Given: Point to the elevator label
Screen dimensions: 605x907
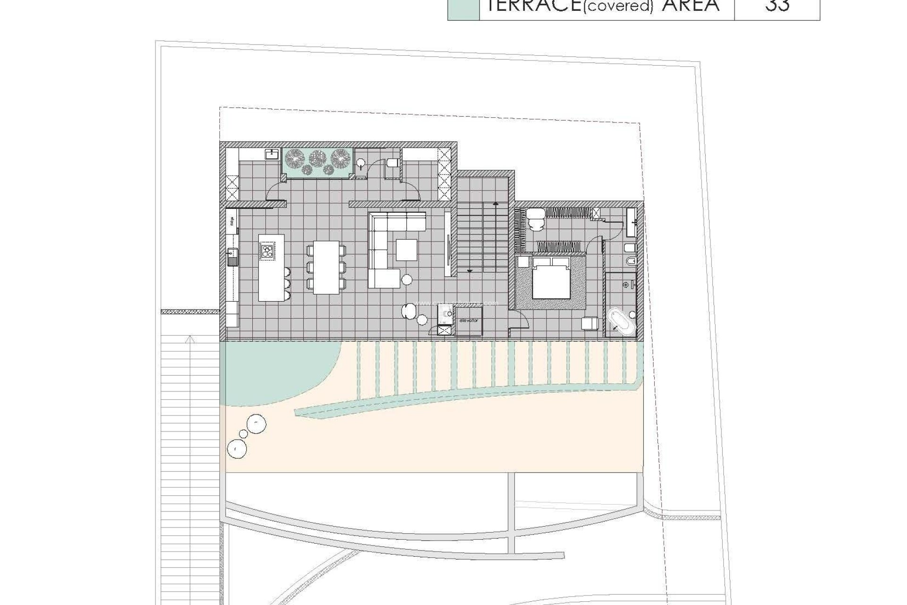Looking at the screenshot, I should point(468,320).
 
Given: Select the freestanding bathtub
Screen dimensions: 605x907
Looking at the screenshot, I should point(618,321).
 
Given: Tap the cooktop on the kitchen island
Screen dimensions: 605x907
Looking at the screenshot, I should point(267,251).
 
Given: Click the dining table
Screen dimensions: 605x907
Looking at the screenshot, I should point(326,267).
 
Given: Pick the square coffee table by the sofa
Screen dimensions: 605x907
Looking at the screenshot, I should point(406,250).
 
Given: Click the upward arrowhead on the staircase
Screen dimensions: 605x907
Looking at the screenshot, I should point(496,204).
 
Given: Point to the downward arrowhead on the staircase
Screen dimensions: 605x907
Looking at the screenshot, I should point(470,271).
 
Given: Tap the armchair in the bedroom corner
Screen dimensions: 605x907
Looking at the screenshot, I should point(590,323).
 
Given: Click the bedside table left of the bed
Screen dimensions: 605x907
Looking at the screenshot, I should point(523,262).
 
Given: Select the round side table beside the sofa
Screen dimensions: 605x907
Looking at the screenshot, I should point(406,280).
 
